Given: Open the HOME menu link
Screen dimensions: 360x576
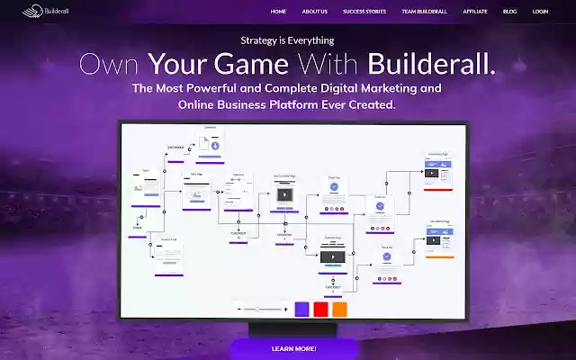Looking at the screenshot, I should click(x=278, y=12).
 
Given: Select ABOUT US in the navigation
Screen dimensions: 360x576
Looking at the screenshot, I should click(x=315, y=12).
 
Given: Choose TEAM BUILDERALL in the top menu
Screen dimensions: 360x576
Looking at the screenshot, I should click(x=425, y=12).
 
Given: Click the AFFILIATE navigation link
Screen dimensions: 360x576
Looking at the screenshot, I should click(x=475, y=12).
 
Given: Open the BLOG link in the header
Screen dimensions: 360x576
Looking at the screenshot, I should click(x=510, y=12).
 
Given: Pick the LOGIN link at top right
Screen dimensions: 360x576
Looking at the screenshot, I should click(x=540, y=12).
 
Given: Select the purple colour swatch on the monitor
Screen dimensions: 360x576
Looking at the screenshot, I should click(x=301, y=309).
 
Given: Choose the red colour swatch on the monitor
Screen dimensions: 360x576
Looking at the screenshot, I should click(x=320, y=309).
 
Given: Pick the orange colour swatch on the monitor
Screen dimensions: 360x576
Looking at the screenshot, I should click(x=339, y=309).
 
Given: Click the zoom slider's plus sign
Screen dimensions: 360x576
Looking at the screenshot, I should click(x=285, y=309).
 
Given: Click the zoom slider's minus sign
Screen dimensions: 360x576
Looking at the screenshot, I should click(x=239, y=309).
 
